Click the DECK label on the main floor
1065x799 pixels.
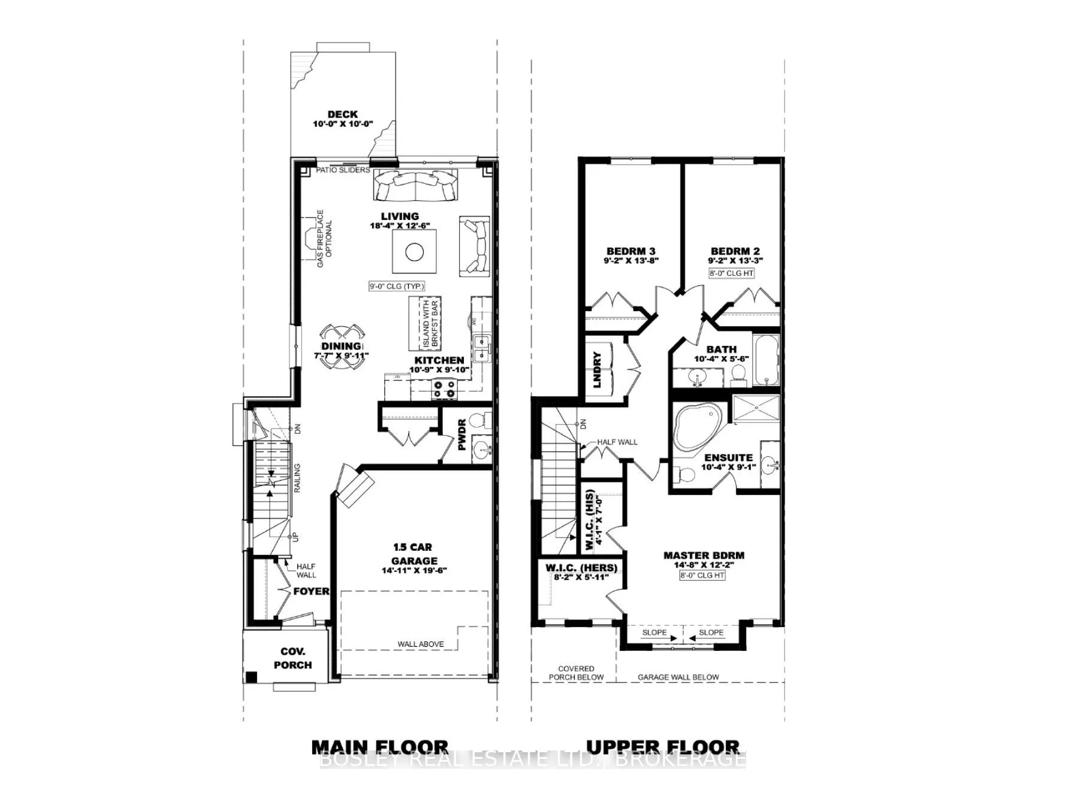pyautogui.click(x=342, y=114)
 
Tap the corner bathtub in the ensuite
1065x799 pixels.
pyautogui.click(x=695, y=427)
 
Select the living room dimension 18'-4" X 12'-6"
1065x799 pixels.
pyautogui.click(x=400, y=227)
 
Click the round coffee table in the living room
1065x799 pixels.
pyautogui.click(x=414, y=252)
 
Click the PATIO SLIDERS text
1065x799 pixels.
pyautogui.click(x=343, y=170)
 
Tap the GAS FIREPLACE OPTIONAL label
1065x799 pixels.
pyautogui.click(x=324, y=238)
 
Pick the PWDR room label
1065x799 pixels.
pyautogui.click(x=461, y=438)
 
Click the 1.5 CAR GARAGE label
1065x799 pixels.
pyautogui.click(x=413, y=554)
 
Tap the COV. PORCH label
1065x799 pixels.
pyautogui.click(x=292, y=658)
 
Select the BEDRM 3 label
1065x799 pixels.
pyautogui.click(x=630, y=251)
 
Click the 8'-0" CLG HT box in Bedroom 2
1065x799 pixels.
pyautogui.click(x=731, y=273)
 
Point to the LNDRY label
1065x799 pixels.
pyautogui.click(x=597, y=369)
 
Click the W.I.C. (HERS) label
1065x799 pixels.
pyautogui.click(x=581, y=568)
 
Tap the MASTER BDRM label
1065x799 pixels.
pyautogui.click(x=704, y=555)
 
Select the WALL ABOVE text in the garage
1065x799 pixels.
pyautogui.click(x=421, y=644)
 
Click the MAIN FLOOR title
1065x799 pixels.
pyautogui.click(x=379, y=747)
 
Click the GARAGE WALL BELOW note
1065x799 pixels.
pyautogui.click(x=678, y=677)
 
